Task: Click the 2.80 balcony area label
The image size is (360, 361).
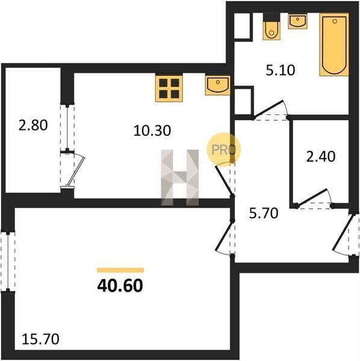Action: (x=33, y=126)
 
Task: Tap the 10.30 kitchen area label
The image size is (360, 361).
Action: (x=152, y=131)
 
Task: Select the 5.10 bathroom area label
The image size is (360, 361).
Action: (x=281, y=70)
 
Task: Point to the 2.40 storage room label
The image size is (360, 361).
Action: (x=321, y=156)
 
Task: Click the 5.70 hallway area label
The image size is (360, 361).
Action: (x=264, y=213)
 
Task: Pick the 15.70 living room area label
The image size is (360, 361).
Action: (x=40, y=339)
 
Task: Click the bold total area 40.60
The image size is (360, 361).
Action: (x=120, y=285)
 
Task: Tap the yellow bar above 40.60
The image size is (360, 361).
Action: (x=120, y=270)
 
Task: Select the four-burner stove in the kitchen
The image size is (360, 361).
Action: (x=169, y=88)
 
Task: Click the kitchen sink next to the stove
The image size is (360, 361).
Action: (x=217, y=85)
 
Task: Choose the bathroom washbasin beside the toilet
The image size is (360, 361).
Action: (x=297, y=21)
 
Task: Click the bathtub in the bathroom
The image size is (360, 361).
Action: (x=334, y=45)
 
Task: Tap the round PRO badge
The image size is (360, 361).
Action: (x=223, y=149)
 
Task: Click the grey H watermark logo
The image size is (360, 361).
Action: (x=179, y=177)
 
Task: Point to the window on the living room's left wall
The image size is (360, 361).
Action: (x=8, y=262)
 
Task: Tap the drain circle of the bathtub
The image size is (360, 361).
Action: (x=335, y=21)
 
